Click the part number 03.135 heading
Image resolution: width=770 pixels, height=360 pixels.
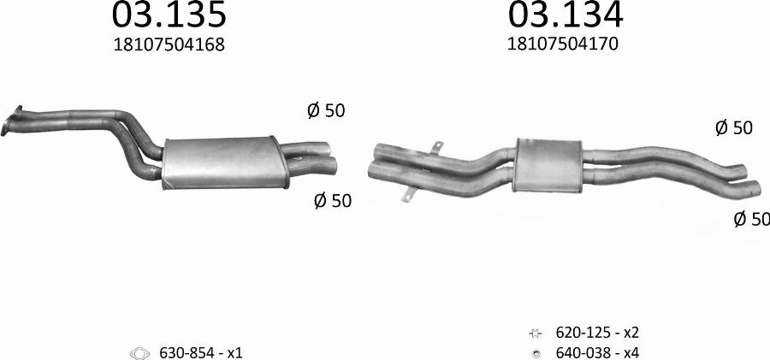169,15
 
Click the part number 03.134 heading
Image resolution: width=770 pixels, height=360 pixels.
566,15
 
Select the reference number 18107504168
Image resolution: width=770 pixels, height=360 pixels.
169,45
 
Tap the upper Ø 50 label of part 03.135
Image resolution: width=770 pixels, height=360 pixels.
325,110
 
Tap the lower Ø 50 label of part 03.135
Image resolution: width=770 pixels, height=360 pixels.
332,201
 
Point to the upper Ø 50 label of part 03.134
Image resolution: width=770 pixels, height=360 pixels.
733,128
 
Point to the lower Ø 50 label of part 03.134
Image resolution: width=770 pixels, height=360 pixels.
751,220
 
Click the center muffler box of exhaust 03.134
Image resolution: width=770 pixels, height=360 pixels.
548,162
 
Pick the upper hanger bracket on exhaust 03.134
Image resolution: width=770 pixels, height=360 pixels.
436,150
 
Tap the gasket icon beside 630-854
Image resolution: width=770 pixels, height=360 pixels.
139,352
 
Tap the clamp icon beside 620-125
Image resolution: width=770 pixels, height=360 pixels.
535,333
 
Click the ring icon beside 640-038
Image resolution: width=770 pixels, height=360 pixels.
535,352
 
